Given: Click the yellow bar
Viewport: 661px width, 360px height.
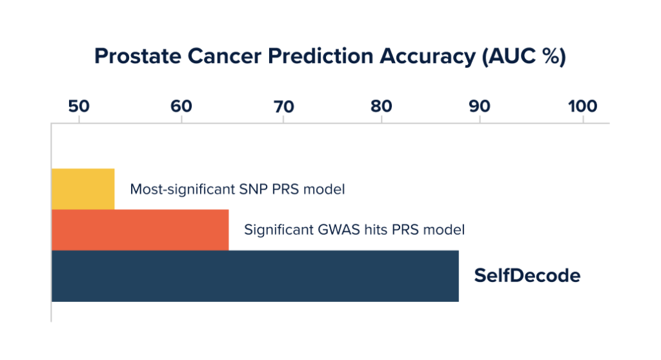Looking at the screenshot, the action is [x=83, y=189].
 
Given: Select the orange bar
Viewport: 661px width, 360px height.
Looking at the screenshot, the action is [x=140, y=230].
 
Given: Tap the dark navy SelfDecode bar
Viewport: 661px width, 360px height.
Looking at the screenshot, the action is [x=255, y=276].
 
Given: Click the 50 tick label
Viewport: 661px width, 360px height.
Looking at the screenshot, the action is [x=79, y=106].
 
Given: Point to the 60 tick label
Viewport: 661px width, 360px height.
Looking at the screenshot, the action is [x=181, y=106].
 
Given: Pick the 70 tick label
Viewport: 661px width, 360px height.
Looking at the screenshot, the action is [x=284, y=106].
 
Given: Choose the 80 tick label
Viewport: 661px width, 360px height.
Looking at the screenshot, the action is [x=381, y=106].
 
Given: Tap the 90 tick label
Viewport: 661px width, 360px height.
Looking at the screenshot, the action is [x=480, y=106].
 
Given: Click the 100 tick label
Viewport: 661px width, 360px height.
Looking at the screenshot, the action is [x=583, y=106].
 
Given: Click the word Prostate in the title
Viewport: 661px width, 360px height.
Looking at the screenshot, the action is [x=137, y=56].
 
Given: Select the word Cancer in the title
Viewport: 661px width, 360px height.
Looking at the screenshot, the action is [x=224, y=56].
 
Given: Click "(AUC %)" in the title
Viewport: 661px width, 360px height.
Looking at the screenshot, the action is [x=524, y=57].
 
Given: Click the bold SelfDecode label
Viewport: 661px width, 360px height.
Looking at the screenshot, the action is [x=527, y=275].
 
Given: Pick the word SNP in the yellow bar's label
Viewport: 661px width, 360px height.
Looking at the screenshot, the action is [x=253, y=189].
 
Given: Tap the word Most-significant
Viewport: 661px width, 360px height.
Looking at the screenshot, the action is [x=182, y=190].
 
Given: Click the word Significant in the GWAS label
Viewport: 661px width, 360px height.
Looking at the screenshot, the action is [x=279, y=230].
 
